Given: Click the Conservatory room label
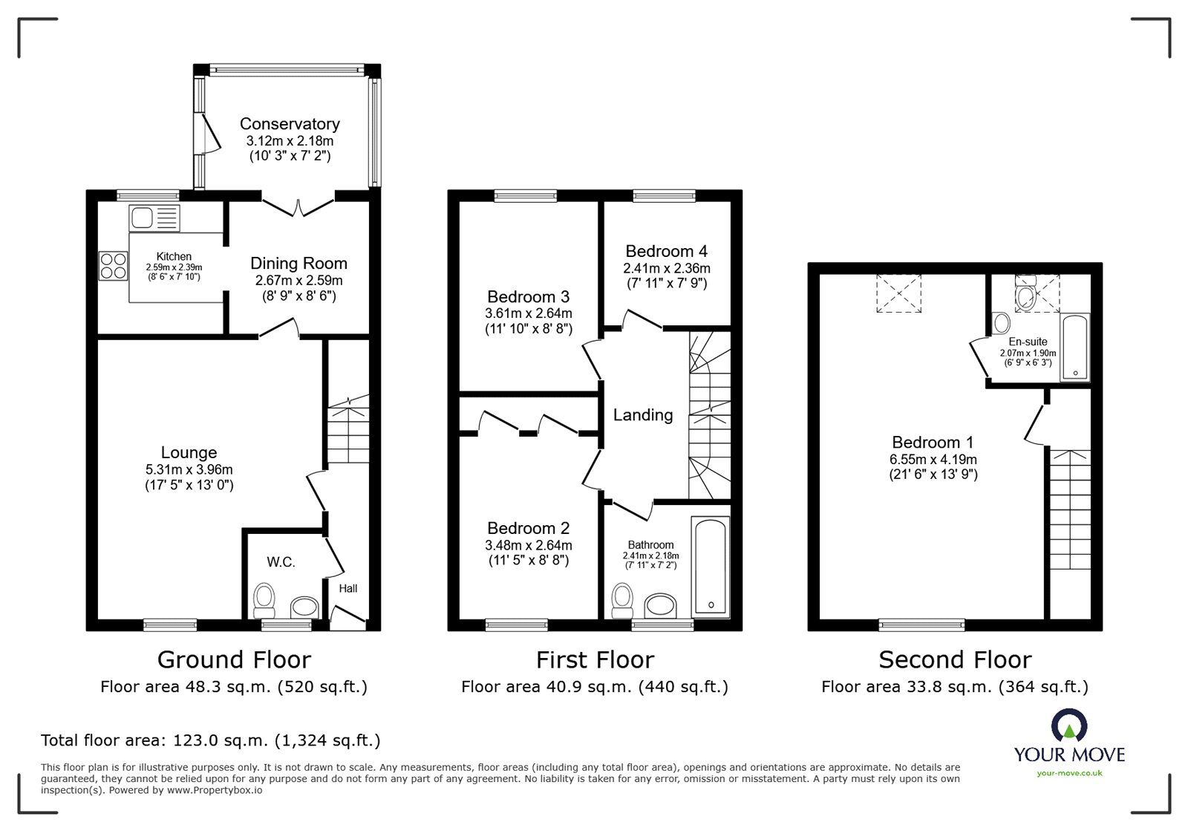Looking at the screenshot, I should [290, 124].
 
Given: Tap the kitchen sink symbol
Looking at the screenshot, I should [154, 218].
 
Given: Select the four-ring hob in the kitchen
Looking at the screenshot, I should [113, 265].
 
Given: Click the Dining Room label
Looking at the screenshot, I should [298, 263].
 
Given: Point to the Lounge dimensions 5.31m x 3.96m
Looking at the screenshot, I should [189, 469].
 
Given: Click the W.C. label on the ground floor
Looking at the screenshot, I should [281, 562].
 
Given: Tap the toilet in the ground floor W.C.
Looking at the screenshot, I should [264, 599].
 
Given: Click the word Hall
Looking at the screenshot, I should [348, 588].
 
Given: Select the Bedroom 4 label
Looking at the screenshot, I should [666, 251].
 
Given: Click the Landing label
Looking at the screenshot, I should [643, 415].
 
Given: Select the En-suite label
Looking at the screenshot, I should [1028, 342].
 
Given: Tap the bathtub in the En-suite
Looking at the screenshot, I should [1074, 348].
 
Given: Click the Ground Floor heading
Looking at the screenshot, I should [234, 659].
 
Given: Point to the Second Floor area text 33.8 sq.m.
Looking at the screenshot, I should [954, 687].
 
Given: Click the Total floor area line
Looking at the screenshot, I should [211, 740].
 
